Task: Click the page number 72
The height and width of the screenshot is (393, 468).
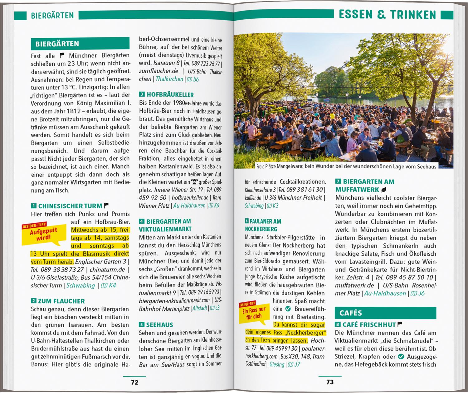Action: coord(134,382)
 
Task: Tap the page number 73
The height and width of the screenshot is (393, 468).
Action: coord(330,382)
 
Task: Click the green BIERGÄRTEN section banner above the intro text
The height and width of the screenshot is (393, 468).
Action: coord(80,44)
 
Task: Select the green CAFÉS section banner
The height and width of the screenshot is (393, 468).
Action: coord(385,313)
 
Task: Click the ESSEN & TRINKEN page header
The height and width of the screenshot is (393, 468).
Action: coord(387,15)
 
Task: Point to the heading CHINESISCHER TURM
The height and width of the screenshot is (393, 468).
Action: coord(70,206)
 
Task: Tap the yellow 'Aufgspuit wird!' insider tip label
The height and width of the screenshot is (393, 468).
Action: coord(44,234)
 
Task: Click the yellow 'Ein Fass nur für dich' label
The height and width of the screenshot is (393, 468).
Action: coord(254,313)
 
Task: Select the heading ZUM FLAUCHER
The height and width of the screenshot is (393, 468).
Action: coord(61,301)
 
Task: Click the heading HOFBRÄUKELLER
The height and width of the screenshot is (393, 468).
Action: coord(170,95)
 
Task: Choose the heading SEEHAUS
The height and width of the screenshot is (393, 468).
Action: coord(159,325)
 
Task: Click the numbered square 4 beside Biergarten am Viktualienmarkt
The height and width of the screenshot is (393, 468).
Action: coord(142,221)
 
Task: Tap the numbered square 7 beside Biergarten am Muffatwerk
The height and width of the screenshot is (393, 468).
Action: coord(338,182)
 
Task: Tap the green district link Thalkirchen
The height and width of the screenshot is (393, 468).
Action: coord(169,79)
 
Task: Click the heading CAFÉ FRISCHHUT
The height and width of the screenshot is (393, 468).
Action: coord(369,324)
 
